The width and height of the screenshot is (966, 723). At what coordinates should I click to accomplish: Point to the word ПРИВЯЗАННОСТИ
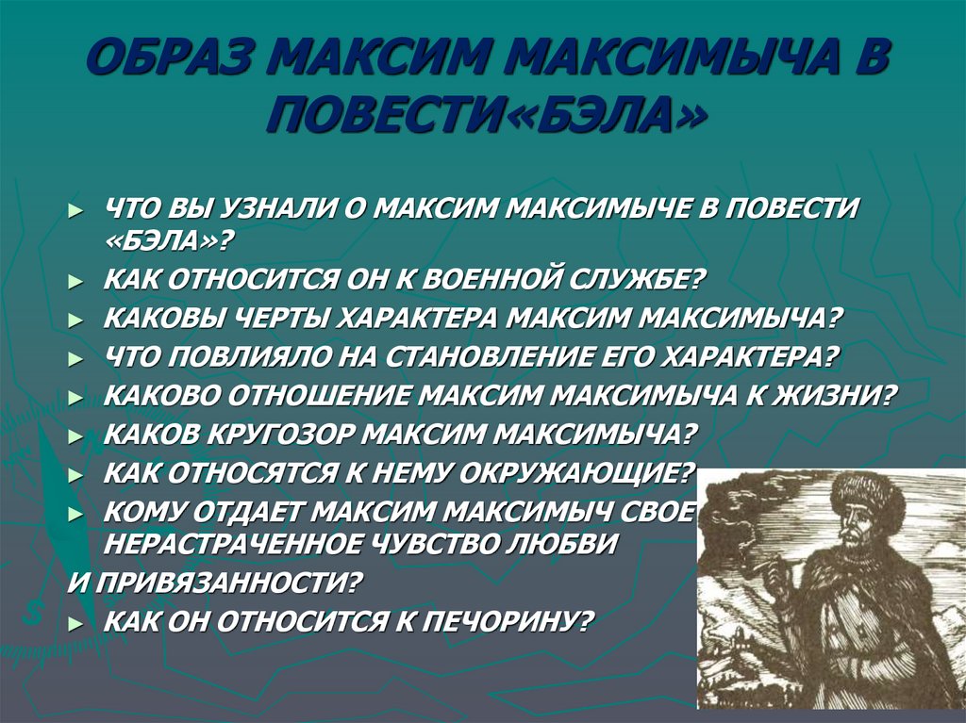point(225,583)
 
